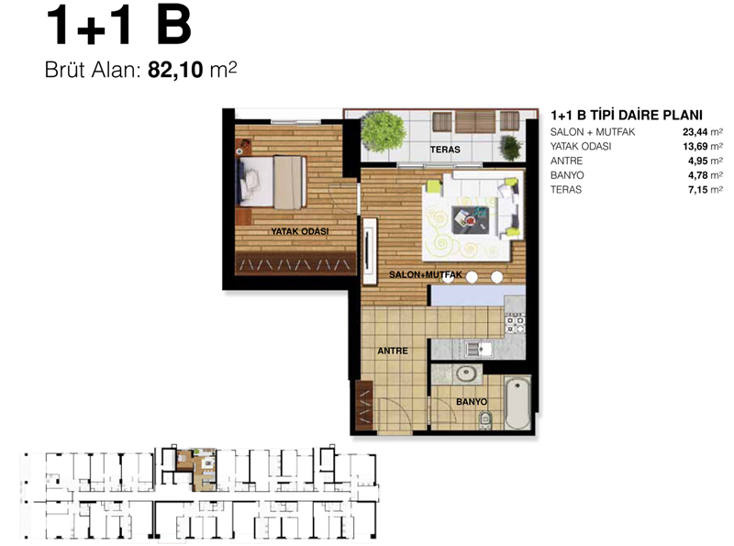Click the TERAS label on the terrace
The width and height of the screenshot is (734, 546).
pos(445,150)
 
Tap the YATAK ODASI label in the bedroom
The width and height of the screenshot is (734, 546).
pos(300,231)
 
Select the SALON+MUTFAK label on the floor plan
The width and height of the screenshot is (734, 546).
pos(425,275)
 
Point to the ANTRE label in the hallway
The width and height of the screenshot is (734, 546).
pos(393,351)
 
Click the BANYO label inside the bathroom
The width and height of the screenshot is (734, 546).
pos(472,402)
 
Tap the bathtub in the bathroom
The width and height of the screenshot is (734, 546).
pos(517,404)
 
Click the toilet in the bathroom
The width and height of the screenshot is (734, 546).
pos(486,419)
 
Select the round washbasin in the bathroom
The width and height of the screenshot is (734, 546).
pos(467,373)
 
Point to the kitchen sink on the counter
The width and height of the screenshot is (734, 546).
pos(479,349)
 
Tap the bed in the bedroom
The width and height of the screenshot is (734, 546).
pos(272,183)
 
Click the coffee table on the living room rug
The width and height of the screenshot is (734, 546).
pos(471,220)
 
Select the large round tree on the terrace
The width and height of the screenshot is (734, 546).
pos(383,131)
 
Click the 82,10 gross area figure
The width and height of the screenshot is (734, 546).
pos(175,71)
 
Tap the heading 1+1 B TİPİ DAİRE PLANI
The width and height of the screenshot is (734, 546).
pos(627,115)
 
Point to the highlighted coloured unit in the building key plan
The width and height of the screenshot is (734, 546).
pos(196,469)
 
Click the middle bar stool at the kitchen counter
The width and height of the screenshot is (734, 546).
pos(472,277)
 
